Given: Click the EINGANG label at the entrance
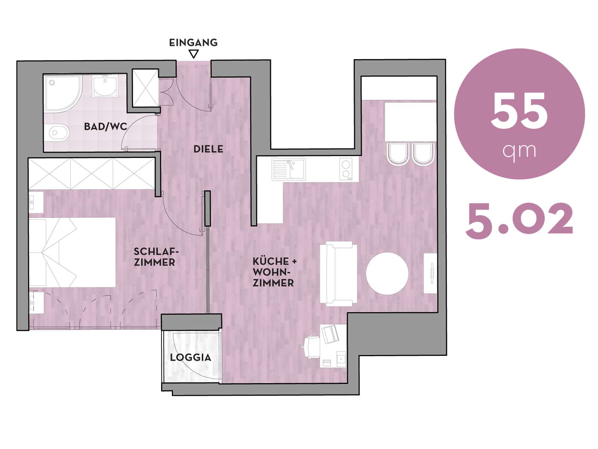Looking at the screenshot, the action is point(193,43).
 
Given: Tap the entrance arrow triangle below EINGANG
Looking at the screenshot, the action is point(194,54).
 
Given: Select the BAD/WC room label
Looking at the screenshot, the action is point(105,126).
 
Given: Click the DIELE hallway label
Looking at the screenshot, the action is point(208,149).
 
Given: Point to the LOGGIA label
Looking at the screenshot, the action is point(191,357).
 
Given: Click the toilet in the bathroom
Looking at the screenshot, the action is point(59,133).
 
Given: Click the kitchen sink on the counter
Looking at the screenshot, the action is point(289,169).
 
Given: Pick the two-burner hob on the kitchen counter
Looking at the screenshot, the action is point(346,169).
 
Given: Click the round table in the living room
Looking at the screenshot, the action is point(387,274).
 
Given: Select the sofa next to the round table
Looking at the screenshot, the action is point(338,274).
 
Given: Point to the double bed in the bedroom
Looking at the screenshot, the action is point(72,252).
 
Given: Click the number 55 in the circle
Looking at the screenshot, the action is point(519,112).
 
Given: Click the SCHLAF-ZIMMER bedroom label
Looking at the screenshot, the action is point(154,257).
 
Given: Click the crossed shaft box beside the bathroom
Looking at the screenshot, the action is point(145,88).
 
